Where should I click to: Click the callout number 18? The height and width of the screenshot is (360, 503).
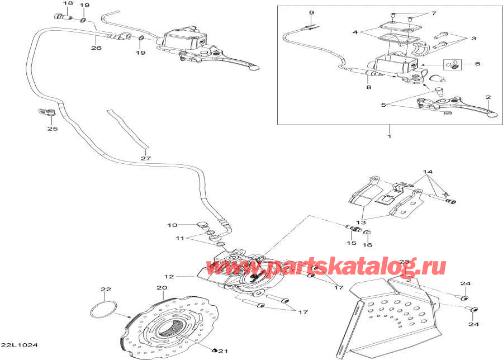click(x=68, y=3)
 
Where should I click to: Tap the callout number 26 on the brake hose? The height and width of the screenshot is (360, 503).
click(x=96, y=48)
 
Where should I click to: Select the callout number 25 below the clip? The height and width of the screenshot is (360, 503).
click(x=53, y=129)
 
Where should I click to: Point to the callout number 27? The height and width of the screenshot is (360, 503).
click(x=146, y=158)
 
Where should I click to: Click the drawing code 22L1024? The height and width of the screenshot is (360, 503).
click(x=19, y=345)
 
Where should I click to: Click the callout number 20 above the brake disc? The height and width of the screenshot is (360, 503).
click(x=162, y=287)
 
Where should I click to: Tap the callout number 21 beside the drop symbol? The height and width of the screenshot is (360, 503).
click(x=223, y=350)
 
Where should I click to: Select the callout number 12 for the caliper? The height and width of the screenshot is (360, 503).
click(x=169, y=276)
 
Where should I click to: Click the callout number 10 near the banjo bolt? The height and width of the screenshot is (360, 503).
click(x=172, y=225)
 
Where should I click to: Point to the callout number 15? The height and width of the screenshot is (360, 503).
click(x=352, y=243)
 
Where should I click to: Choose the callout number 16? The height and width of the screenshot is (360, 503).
click(x=367, y=244)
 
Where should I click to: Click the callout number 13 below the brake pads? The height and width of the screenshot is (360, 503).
click(x=361, y=222)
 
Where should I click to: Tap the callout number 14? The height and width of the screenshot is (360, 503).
click(x=428, y=172)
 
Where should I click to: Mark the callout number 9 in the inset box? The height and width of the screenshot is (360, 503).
click(x=311, y=13)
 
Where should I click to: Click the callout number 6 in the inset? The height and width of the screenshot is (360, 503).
click(x=478, y=64)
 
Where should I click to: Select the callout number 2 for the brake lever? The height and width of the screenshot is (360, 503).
click(x=488, y=97)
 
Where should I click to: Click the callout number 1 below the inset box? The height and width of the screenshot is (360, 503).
click(x=390, y=136)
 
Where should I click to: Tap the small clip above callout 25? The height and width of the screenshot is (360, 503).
click(x=46, y=112)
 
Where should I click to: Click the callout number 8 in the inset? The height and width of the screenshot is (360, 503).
click(x=369, y=87)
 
